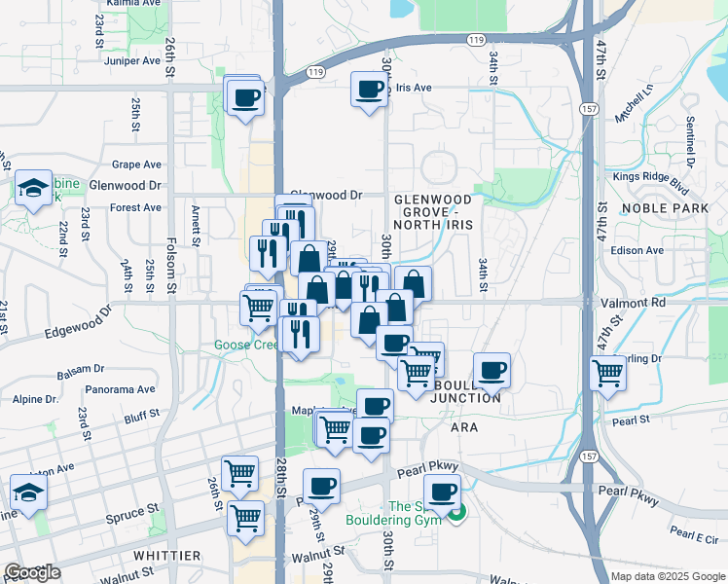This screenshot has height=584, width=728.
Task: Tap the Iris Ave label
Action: click(413, 88)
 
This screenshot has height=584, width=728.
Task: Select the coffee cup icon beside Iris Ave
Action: click(369, 91)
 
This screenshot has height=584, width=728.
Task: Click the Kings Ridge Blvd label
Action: click(651, 177)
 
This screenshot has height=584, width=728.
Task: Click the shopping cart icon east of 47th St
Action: click(607, 372)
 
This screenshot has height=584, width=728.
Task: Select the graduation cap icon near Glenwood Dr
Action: click(33, 188)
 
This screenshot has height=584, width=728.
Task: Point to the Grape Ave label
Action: click(136, 164)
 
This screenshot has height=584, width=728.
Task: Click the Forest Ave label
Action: click(136, 207)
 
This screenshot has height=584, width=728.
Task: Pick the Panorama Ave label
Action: click(121, 389)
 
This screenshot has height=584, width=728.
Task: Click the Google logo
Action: click(32, 572)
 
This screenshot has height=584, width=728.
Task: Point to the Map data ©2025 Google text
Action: click(667, 576)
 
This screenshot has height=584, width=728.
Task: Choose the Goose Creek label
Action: click(246, 345)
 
